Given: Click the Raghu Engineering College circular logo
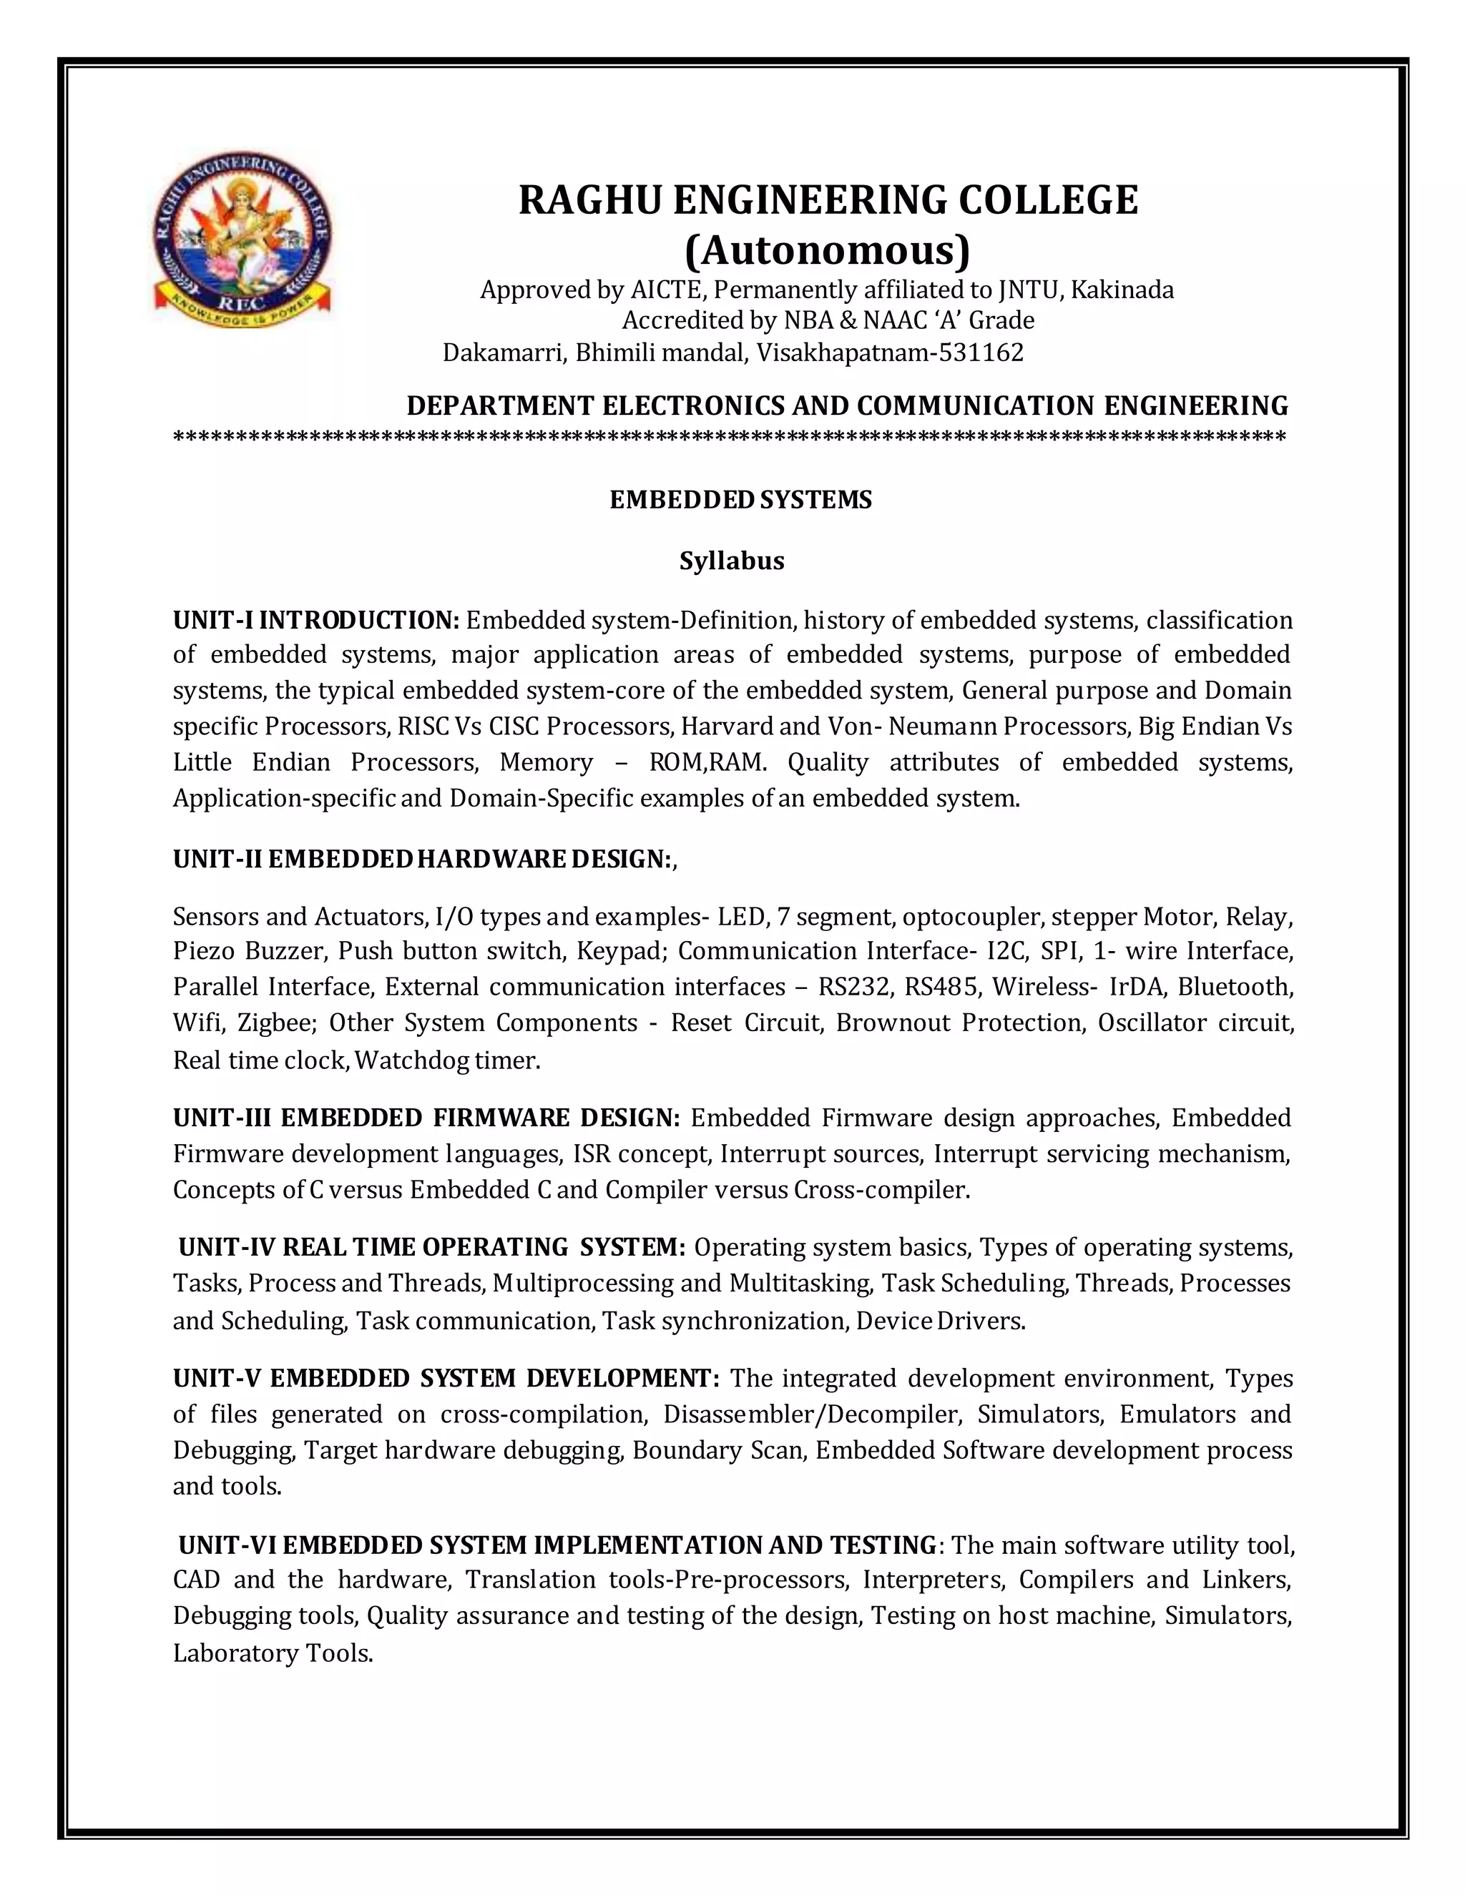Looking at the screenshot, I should tap(241, 240).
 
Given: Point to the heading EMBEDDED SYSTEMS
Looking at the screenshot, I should tap(740, 500).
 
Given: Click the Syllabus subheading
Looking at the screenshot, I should tap(732, 561).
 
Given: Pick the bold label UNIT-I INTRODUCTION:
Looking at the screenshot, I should tap(316, 621).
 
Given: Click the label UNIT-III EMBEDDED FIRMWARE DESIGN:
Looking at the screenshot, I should tap(426, 1118).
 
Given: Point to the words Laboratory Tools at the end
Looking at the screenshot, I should tap(273, 1654).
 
